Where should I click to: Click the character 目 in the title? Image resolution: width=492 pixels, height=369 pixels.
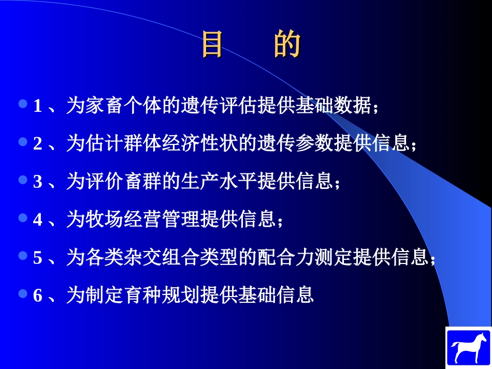pyautogui.click(x=212, y=45)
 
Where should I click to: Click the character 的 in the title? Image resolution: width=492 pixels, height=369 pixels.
pyautogui.click(x=287, y=45)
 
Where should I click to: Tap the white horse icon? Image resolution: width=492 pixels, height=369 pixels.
pyautogui.click(x=468, y=347)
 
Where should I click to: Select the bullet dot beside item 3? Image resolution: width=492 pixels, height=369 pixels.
pyautogui.click(x=22, y=180)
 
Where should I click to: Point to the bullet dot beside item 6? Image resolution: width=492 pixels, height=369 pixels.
pyautogui.click(x=22, y=293)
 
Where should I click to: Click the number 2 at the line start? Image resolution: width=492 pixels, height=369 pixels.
pyautogui.click(x=38, y=143)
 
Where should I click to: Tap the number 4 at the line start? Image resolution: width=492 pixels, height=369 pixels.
pyautogui.click(x=38, y=219)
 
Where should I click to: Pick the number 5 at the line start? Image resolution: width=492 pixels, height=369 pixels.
pyautogui.click(x=38, y=257)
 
